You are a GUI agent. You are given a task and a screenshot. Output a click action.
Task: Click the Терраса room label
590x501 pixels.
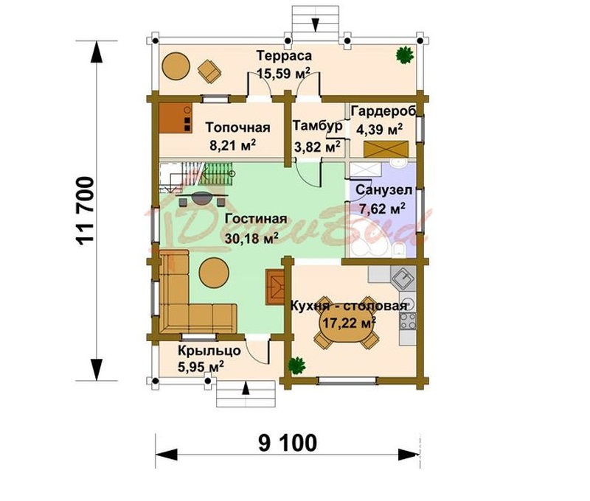[x=284, y=55]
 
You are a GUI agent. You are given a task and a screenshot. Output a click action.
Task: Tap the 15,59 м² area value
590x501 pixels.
[x=284, y=73]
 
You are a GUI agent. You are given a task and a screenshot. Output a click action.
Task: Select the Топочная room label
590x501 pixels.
[x=237, y=127]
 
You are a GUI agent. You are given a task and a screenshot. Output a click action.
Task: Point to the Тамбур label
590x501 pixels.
[x=317, y=125]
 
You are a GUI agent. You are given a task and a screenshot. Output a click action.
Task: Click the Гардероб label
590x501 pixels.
[x=383, y=111]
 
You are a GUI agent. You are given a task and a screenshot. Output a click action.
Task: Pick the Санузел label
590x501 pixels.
[x=383, y=190]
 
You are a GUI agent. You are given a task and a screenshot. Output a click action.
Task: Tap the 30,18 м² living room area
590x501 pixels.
[x=251, y=237]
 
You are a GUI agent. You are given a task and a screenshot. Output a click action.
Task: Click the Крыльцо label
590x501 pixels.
[x=209, y=350]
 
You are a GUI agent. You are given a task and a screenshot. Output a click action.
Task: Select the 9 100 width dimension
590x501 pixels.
[x=288, y=443]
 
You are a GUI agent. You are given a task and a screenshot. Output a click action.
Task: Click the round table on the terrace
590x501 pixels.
[x=176, y=66]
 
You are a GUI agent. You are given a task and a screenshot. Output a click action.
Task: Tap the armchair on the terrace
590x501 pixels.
[x=209, y=71]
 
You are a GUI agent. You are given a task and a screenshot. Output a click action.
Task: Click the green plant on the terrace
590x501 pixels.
[x=405, y=55]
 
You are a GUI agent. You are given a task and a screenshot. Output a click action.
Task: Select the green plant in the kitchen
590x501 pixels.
[x=296, y=365]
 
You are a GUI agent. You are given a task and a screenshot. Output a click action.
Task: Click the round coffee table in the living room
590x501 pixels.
[x=214, y=272]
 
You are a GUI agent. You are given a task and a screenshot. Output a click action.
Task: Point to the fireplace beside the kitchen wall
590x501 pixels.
[x=274, y=287]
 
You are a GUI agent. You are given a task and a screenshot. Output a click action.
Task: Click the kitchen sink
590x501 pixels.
[x=403, y=278]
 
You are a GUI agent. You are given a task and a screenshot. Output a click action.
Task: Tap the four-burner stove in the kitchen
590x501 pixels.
[x=408, y=321]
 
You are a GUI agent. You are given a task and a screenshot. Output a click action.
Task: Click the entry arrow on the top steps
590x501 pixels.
[x=316, y=24]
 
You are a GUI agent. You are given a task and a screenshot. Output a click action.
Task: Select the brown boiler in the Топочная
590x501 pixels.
[x=176, y=118]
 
